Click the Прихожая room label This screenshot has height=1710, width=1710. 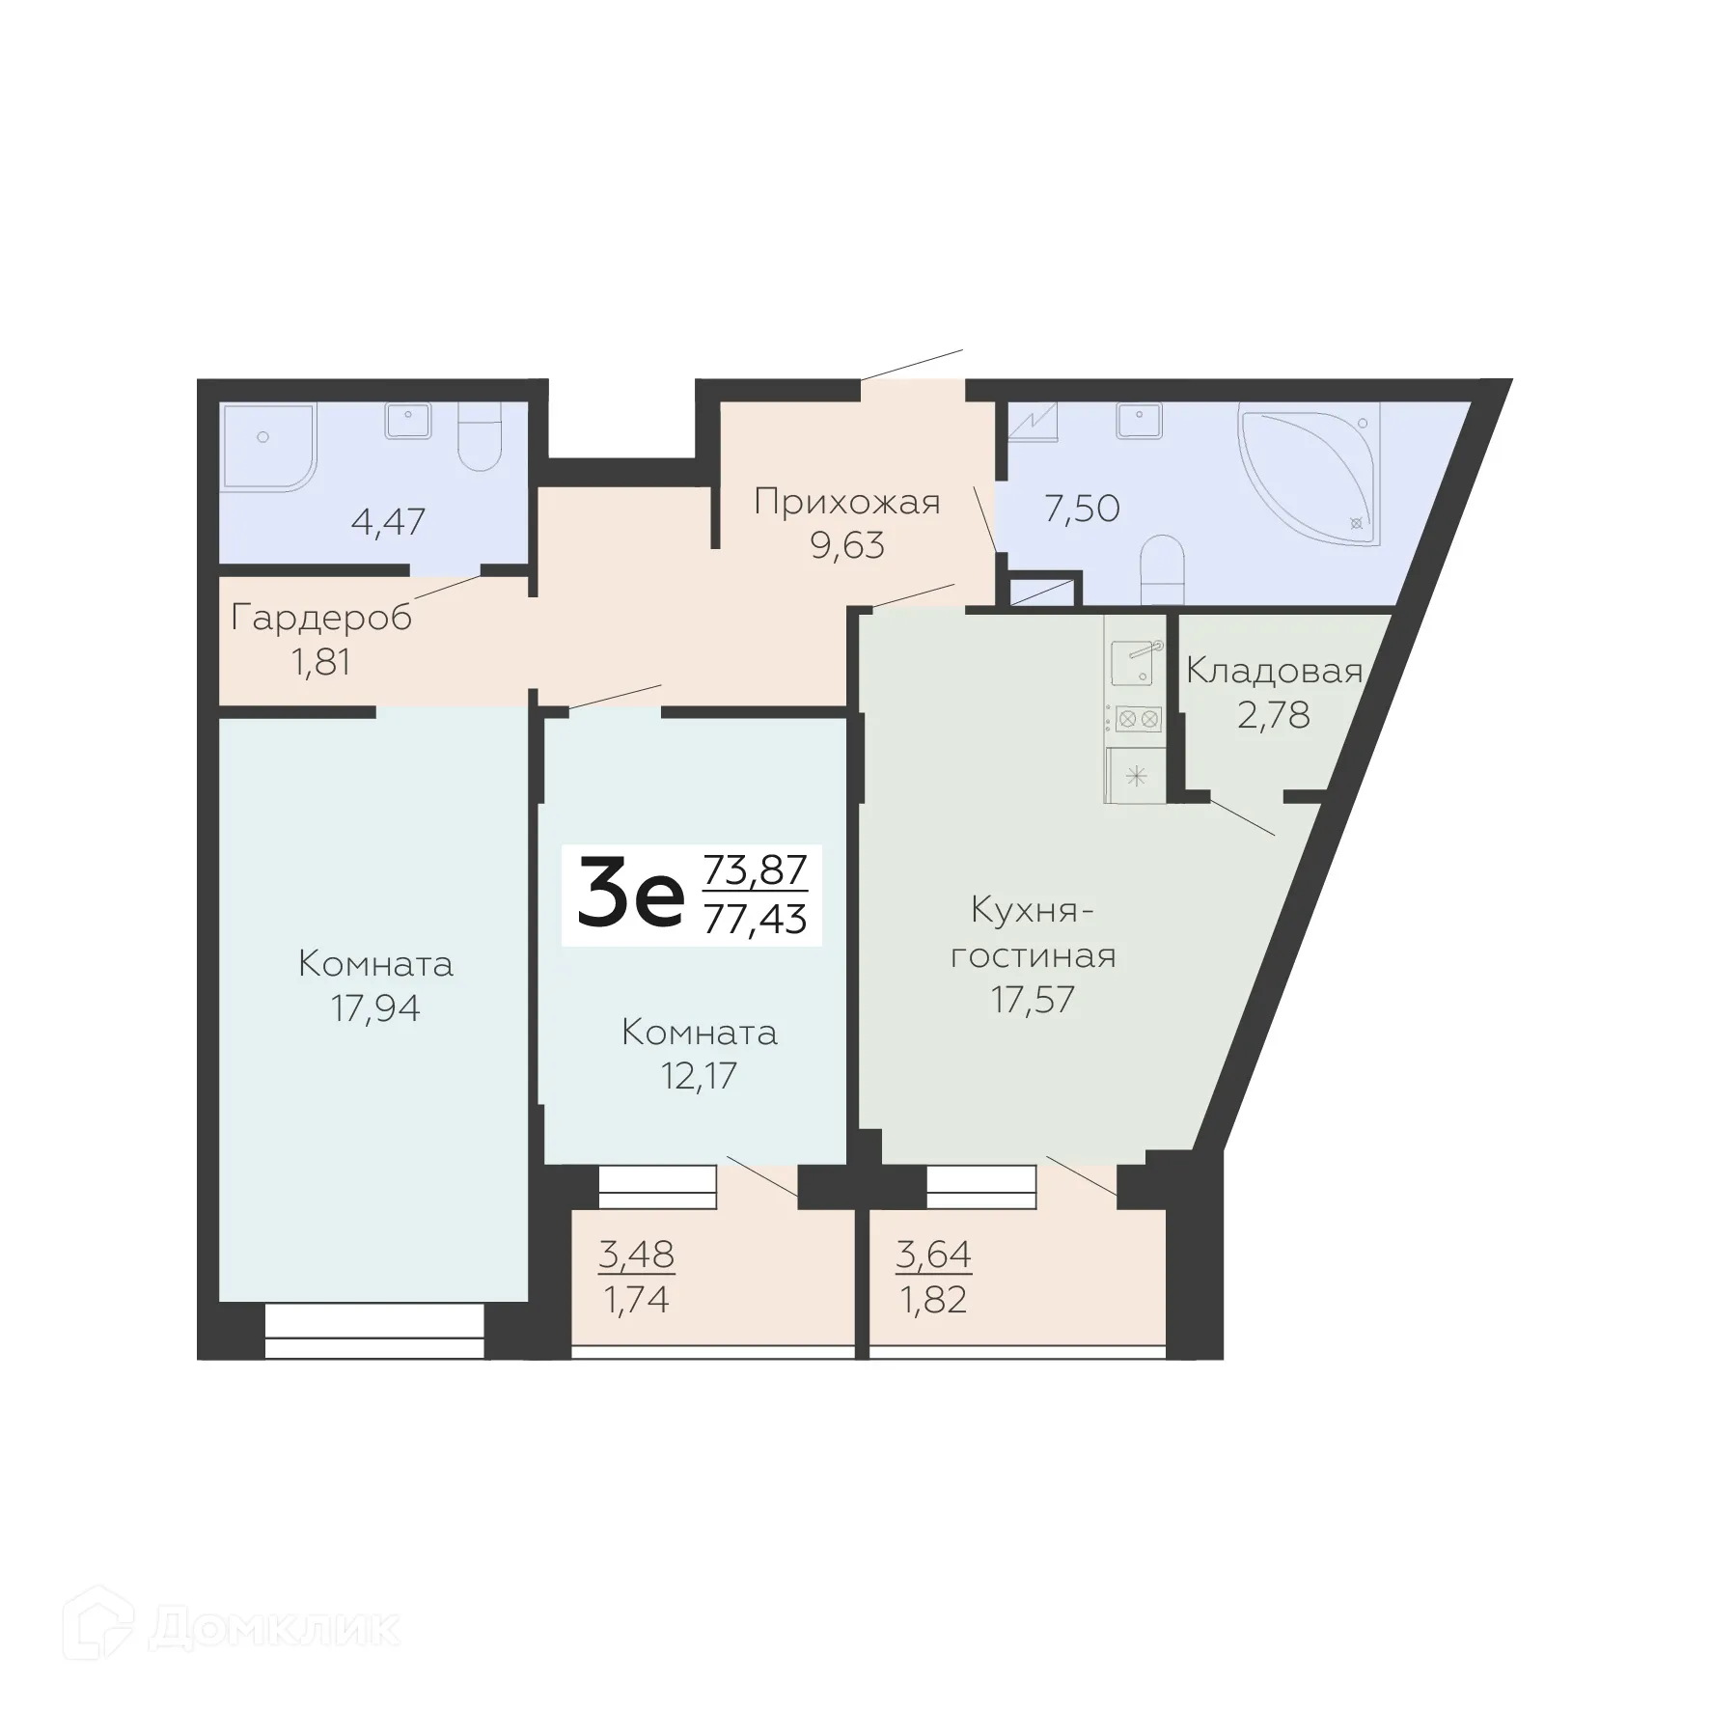(x=846, y=503)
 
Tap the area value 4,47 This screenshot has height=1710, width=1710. (x=388, y=522)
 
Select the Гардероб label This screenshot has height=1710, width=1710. (x=321, y=618)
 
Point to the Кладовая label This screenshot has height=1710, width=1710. (x=1274, y=671)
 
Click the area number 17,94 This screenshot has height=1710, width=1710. (x=375, y=1008)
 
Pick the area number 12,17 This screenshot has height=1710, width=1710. (x=699, y=1075)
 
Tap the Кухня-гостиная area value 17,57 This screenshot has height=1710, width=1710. (x=1033, y=1000)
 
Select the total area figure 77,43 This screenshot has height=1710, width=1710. (x=755, y=920)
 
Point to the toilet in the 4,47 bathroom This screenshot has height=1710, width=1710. (x=480, y=439)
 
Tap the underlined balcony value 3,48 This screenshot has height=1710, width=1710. (x=636, y=1255)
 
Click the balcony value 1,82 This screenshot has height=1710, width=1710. (x=933, y=1300)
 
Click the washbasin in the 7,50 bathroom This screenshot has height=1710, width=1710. (x=1140, y=421)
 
